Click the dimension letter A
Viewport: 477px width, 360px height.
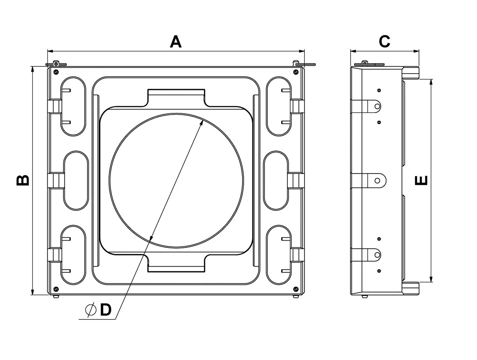click(x=176, y=41)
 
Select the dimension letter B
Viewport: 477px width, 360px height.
click(x=23, y=180)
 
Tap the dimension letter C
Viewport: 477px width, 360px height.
click(x=384, y=41)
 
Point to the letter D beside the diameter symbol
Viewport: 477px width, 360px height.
click(x=105, y=309)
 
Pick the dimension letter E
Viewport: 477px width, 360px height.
click(x=421, y=180)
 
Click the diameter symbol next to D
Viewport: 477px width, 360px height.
click(x=91, y=309)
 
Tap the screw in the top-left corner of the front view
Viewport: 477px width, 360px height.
click(x=56, y=72)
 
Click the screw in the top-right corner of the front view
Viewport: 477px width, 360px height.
click(x=295, y=72)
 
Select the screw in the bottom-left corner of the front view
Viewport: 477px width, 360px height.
click(x=56, y=289)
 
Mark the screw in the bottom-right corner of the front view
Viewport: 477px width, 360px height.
click(x=295, y=289)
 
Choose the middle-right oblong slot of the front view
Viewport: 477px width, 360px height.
click(x=276, y=180)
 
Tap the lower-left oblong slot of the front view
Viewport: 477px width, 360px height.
click(x=73, y=255)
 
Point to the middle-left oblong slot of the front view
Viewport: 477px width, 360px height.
click(x=76, y=180)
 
